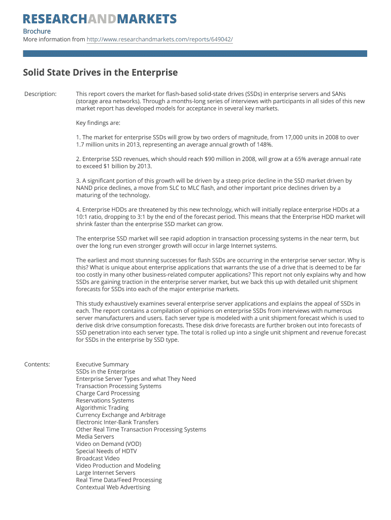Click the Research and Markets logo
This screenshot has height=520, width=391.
pos(100,19)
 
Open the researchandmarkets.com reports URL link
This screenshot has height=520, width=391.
pos(159,39)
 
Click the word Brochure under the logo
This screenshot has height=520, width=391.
pos(37,31)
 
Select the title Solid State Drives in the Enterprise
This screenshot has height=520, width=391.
pos(100,72)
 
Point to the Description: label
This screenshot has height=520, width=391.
pos(41,94)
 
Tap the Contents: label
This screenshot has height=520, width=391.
pos(37,364)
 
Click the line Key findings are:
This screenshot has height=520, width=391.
pos(98,123)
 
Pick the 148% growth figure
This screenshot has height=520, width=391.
pos(264,144)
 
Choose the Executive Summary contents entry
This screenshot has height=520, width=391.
pos(102,364)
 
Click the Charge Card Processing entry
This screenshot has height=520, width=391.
pos(108,393)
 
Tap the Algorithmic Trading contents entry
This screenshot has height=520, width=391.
pos(102,408)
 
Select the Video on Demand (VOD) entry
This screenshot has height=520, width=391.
pos(109,444)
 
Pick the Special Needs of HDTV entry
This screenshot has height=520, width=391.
pos(106,451)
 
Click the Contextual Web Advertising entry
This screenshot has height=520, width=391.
pos(113,487)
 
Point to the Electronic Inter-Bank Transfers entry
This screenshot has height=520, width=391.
pos(117,422)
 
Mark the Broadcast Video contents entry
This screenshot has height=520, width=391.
pos(97,458)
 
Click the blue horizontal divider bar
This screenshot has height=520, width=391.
pos(195,53)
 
